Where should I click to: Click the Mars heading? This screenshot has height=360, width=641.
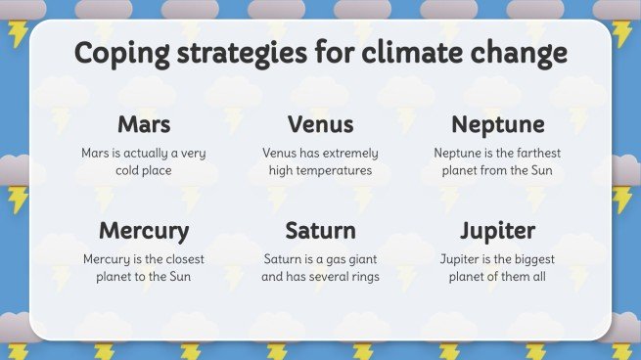click(x=144, y=125)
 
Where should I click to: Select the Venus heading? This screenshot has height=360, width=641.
click(x=320, y=125)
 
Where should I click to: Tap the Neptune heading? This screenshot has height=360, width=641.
click(x=497, y=125)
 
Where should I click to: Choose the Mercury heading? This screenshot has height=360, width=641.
click(x=144, y=232)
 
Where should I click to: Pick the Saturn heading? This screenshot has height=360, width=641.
click(x=320, y=232)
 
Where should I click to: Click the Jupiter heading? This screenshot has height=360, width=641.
click(x=497, y=232)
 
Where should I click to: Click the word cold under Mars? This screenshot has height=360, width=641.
click(x=131, y=171)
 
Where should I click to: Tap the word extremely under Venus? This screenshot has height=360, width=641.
click(x=343, y=154)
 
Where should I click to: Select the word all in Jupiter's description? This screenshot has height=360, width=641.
click(x=536, y=277)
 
